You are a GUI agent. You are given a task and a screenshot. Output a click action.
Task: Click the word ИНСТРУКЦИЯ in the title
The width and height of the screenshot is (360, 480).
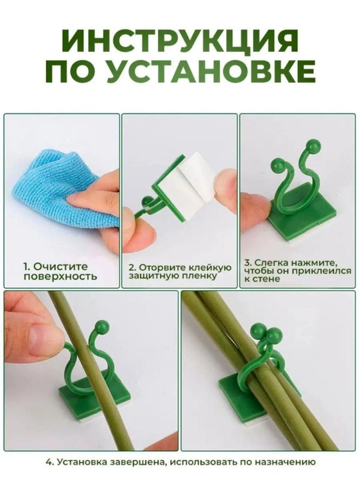coord(180,41)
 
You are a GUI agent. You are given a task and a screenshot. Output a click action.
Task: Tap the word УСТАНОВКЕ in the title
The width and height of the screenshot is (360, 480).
coord(211,71)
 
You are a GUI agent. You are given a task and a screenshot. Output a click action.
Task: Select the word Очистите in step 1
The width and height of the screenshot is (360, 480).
coord(60,267)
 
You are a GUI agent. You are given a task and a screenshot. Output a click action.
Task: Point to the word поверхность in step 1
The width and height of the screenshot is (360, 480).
coord(60,277)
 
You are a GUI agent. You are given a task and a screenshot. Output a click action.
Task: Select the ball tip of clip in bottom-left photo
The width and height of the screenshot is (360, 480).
coord(102,325)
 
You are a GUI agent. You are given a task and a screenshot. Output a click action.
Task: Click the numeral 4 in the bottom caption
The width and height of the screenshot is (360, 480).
coord(48,470)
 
